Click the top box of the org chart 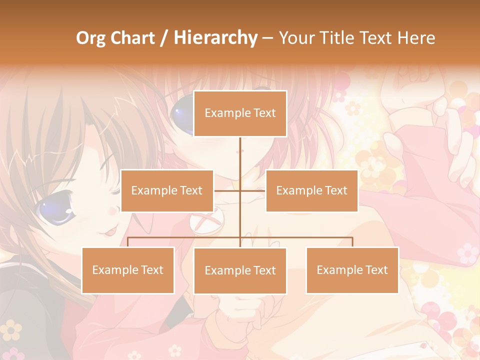[240, 113]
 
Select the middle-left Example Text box [166, 190]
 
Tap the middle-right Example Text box [311, 190]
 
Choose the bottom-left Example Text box [127, 270]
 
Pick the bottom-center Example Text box [240, 270]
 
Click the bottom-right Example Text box [352, 270]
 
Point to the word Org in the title [90, 38]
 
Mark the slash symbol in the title [164, 38]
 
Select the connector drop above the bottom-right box [352, 242]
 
